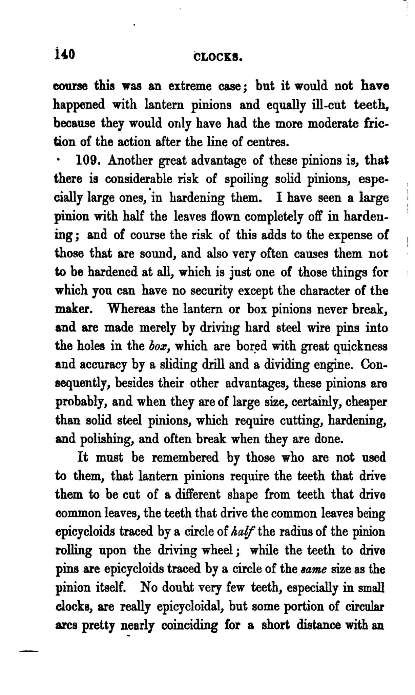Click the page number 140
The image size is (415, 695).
click(x=64, y=55)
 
